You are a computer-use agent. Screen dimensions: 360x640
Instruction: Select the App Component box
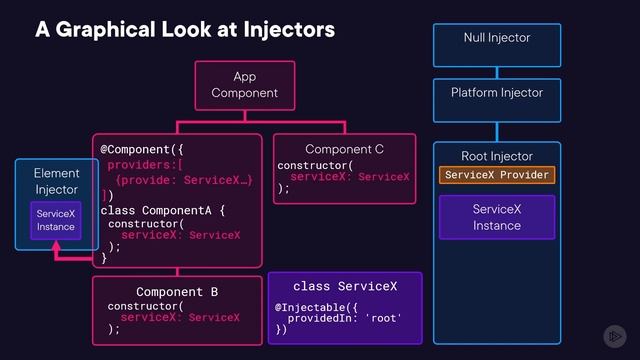pos(245,85)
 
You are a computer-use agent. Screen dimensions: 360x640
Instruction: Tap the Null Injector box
pos(497,38)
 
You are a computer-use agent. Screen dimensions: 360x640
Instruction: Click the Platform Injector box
pos(497,93)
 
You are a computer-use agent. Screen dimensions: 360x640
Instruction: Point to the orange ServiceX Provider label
pos(497,175)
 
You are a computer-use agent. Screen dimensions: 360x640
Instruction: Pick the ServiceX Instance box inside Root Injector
pos(497,217)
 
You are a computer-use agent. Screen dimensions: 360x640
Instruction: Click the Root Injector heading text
pos(497,156)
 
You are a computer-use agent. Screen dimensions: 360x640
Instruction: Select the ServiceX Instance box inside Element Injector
pos(56,220)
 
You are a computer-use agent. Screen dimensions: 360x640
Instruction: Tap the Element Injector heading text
pos(56,182)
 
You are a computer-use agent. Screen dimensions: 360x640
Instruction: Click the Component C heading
pos(344,149)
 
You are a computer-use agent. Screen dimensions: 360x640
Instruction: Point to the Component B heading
pos(177,292)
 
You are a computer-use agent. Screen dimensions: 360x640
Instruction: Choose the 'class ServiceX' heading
pos(345,287)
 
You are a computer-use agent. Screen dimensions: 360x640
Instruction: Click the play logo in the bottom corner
pos(614,336)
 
